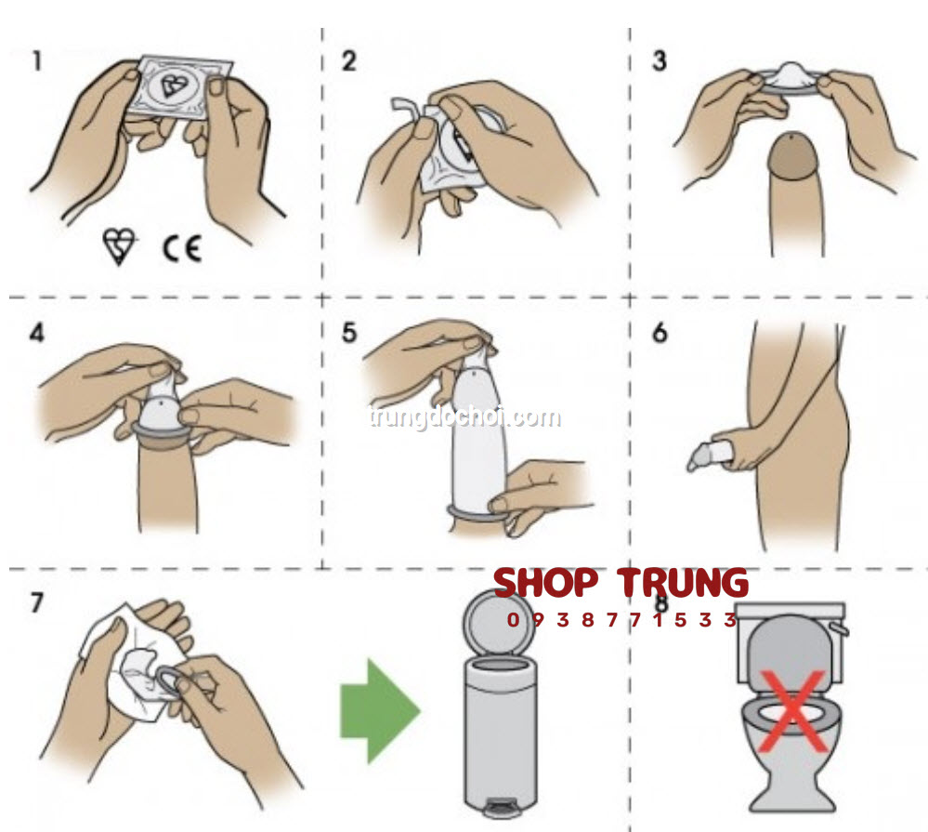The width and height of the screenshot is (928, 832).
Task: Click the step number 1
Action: pos(37,61)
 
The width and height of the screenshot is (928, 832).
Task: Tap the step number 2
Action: pos(349,61)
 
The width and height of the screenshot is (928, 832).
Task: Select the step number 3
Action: pos(660,60)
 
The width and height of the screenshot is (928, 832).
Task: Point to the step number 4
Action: pos(37,333)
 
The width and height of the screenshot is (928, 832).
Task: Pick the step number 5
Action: pos(349,333)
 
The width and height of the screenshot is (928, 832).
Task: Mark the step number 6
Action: pos(660,333)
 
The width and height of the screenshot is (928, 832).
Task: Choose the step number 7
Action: pos(37,602)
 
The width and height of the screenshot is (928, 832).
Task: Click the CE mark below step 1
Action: pos(182,249)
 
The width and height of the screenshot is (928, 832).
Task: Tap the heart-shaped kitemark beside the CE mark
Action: pos(120,246)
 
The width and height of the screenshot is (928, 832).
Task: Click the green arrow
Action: pos(380,710)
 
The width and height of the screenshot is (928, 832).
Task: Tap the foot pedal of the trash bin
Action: pos(501,806)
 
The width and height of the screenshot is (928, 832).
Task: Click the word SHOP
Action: pos(545,583)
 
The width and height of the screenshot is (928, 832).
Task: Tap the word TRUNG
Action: pos(683,583)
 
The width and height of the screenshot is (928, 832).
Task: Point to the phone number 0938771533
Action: pos(622,620)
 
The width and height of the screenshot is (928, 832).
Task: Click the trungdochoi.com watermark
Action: pos(464,416)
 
